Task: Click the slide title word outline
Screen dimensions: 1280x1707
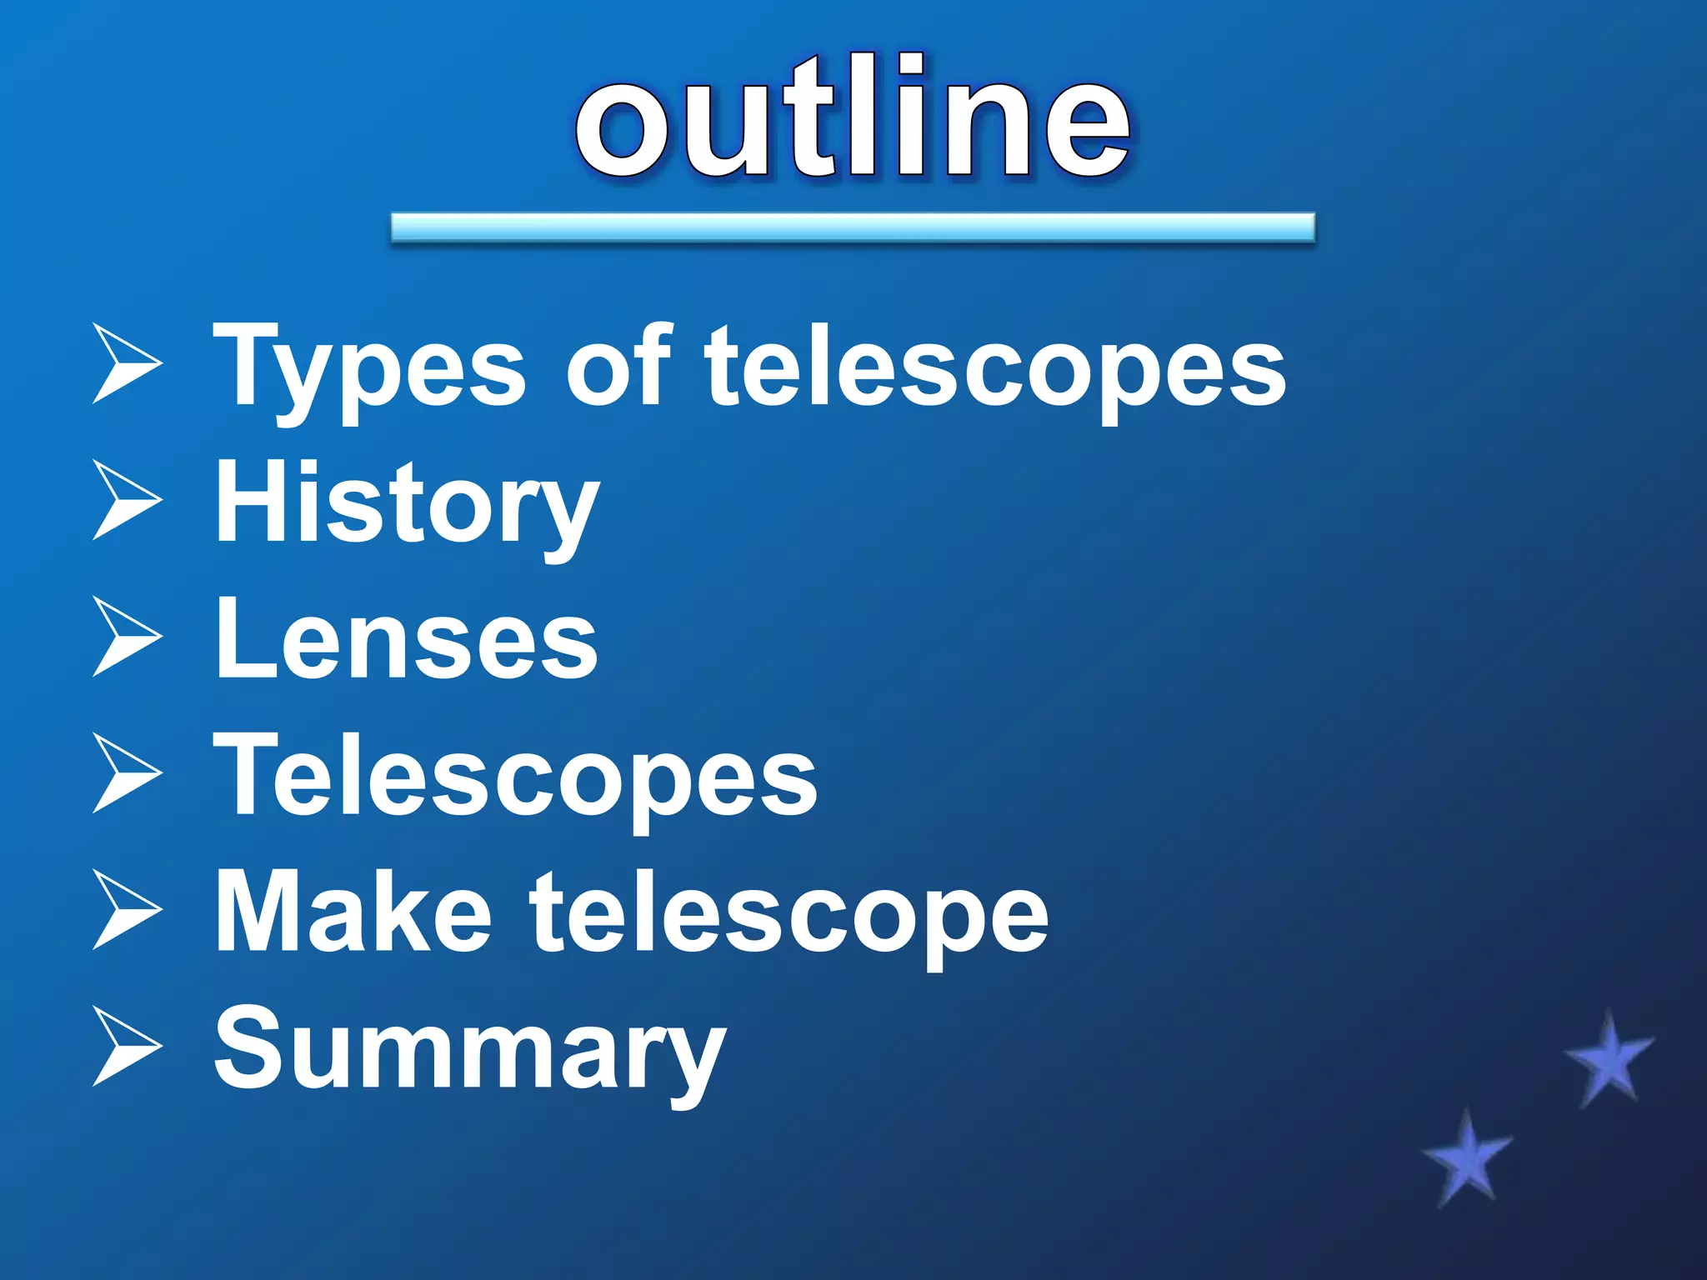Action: [x=852, y=117]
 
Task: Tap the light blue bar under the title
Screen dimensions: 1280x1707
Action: [x=852, y=227]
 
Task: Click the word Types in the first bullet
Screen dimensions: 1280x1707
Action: [x=369, y=367]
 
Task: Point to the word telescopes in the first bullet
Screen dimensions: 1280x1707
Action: [x=995, y=367]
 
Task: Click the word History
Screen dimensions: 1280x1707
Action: [x=407, y=503]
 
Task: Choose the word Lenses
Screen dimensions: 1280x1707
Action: [x=406, y=640]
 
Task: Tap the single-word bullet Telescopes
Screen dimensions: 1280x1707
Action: [x=515, y=777]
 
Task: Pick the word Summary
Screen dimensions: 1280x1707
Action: [x=470, y=1050]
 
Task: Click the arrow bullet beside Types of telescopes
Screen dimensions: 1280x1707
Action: [x=126, y=364]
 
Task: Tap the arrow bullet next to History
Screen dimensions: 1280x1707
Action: [x=126, y=500]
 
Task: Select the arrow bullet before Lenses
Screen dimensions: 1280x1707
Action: [x=126, y=637]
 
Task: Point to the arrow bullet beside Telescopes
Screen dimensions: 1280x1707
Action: [x=126, y=773]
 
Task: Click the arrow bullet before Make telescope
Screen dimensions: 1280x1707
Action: [x=126, y=910]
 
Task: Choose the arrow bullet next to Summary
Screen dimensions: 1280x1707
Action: [x=126, y=1047]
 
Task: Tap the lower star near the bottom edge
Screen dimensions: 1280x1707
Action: [x=1467, y=1158]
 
